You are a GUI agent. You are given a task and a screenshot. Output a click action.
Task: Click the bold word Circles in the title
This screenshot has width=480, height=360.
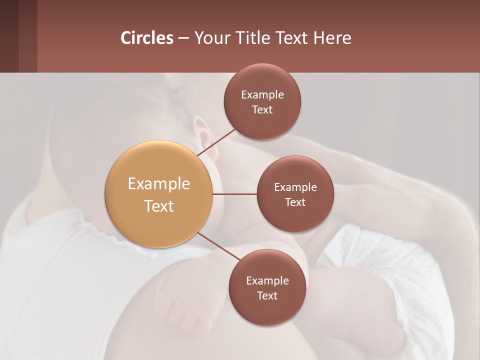(x=146, y=38)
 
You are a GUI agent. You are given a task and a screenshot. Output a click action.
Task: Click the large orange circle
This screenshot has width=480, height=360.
(x=158, y=194)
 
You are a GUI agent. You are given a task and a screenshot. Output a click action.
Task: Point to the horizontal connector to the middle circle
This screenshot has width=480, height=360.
(x=234, y=194)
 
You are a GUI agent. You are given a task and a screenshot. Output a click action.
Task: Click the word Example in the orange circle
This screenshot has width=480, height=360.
(x=158, y=183)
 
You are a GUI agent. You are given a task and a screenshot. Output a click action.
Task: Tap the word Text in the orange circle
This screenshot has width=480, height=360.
(x=158, y=206)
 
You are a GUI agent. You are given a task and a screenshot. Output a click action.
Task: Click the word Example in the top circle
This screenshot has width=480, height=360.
(x=262, y=94)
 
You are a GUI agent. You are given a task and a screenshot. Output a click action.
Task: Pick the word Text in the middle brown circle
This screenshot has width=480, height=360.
(x=295, y=202)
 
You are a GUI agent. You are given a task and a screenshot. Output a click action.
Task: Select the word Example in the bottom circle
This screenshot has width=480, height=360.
(x=267, y=280)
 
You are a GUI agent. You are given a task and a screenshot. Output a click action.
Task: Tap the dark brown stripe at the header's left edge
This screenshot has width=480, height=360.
(x=9, y=36)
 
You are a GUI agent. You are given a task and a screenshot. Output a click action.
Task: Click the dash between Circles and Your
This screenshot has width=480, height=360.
(x=183, y=38)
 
